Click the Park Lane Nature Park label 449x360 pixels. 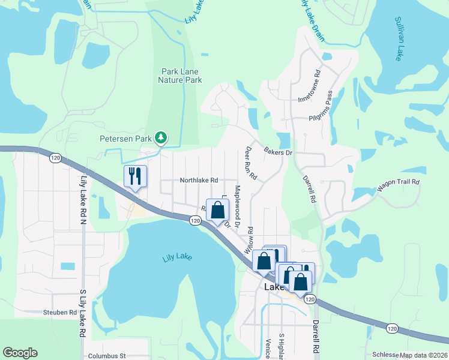179,75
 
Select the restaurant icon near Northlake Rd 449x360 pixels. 135,176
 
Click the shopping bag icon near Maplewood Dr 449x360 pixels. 217,211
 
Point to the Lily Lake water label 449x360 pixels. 177,258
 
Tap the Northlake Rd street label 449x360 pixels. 199,180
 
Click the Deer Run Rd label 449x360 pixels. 251,164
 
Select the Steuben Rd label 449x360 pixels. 60,312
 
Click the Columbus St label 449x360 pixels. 106,355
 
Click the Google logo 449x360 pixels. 20,353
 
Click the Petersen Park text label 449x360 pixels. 126,139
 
